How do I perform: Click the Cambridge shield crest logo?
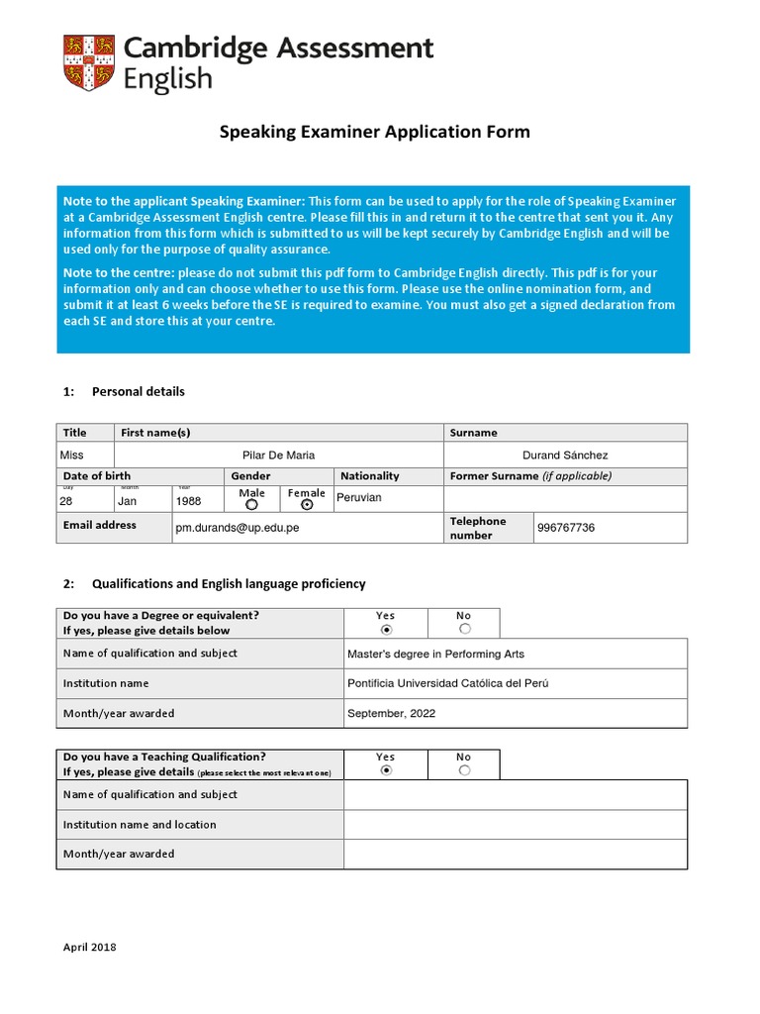click(88, 62)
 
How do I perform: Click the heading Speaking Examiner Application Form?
click(374, 132)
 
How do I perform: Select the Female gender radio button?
click(307, 504)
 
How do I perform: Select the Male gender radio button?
click(251, 504)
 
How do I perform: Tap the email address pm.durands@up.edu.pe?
click(237, 528)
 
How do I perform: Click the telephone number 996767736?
click(565, 528)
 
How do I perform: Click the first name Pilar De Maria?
click(279, 456)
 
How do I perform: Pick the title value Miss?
click(72, 456)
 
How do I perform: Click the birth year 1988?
click(188, 501)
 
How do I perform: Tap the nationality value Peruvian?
click(358, 497)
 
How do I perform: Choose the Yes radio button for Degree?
click(386, 629)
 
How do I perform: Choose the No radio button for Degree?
click(464, 629)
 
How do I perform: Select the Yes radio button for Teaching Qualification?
click(386, 770)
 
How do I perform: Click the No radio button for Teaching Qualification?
click(464, 770)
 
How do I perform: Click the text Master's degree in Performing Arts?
click(435, 655)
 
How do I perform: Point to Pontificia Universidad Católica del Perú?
click(447, 684)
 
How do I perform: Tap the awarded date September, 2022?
click(391, 713)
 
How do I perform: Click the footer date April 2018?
click(90, 948)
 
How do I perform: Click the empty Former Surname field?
click(565, 498)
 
